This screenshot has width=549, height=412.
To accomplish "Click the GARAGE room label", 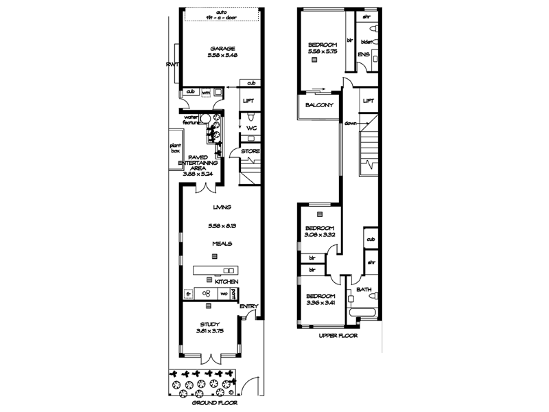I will click(221, 48).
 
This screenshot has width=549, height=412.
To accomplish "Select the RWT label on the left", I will click(172, 65).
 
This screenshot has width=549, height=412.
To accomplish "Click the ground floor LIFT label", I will click(250, 101).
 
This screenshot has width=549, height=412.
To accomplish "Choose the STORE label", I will click(250, 151).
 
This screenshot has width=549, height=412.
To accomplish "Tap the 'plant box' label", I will click(174, 149).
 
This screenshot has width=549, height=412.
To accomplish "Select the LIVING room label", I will click(221, 207).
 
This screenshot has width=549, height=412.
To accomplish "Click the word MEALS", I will click(221, 243).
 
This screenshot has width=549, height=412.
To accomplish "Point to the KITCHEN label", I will click(226, 282).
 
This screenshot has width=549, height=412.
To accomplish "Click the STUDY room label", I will click(210, 324).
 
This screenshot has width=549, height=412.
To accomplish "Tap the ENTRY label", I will click(248, 306).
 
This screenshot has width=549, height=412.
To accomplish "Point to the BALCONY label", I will click(319, 105).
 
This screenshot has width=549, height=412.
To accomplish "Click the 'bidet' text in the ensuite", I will click(365, 42).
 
